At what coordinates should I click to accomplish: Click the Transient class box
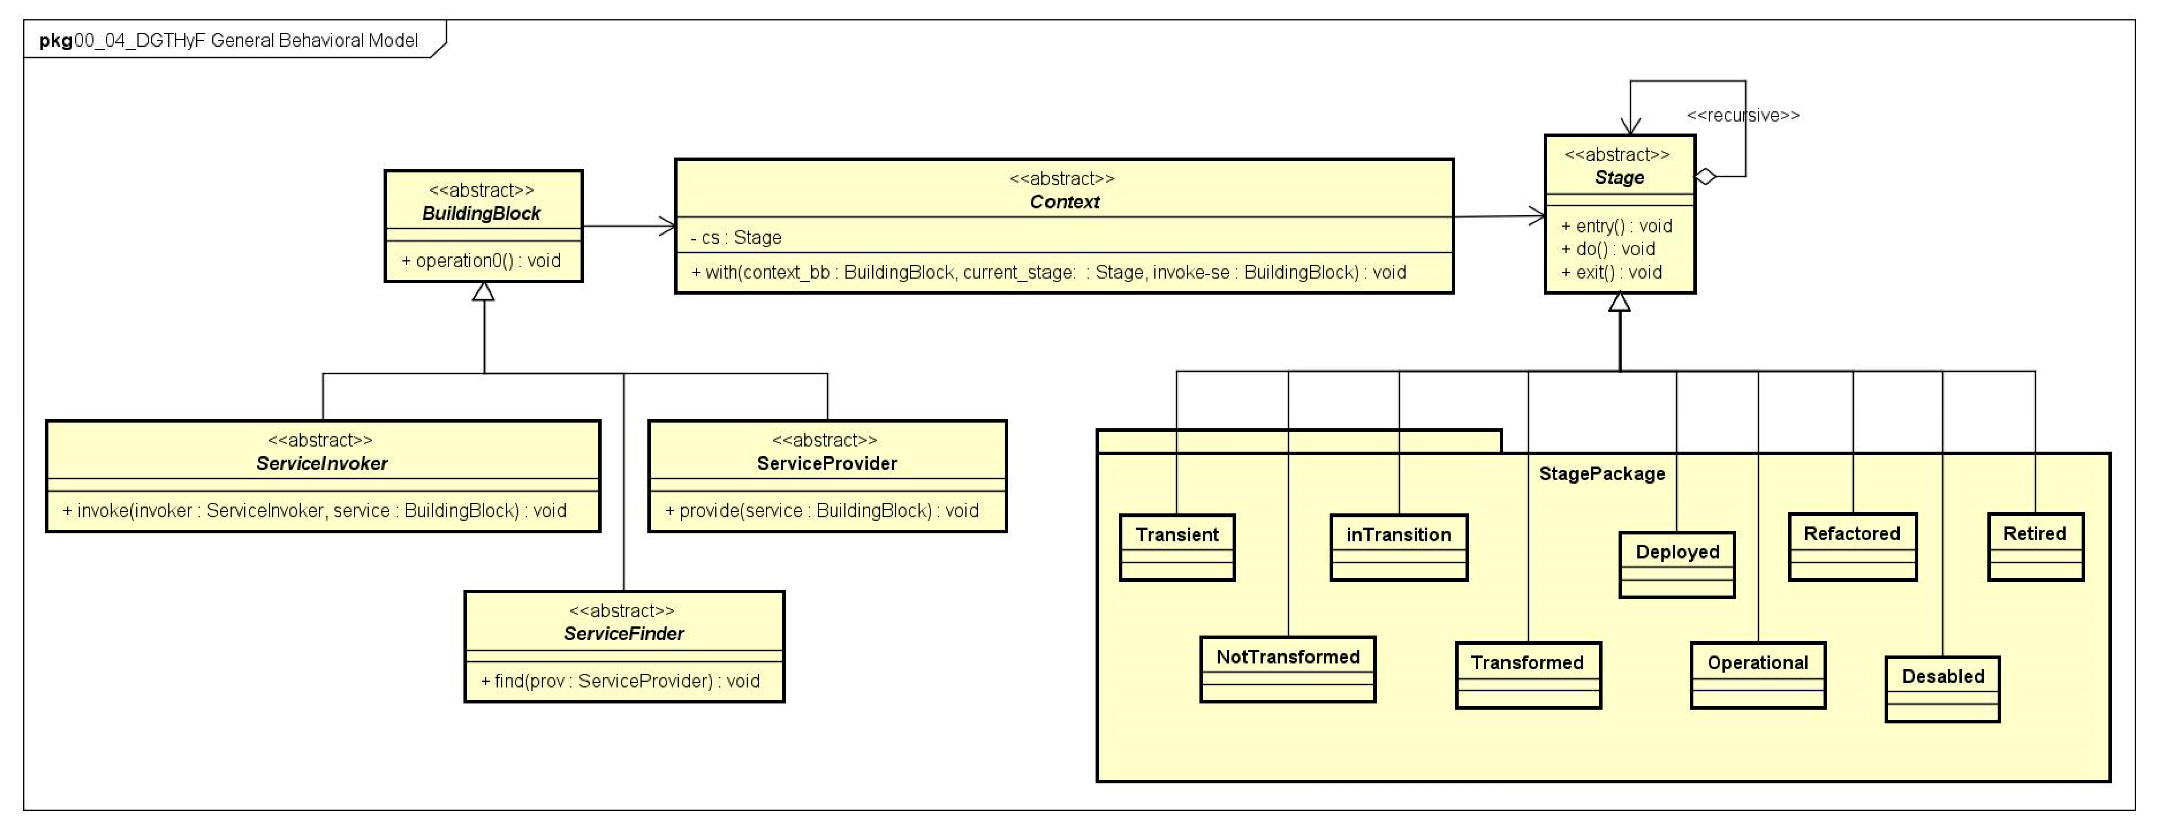pos(1176,547)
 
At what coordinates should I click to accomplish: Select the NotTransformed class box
pos(1287,669)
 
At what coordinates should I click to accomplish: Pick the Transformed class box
pos(1528,675)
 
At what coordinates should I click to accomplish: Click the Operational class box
pos(1757,675)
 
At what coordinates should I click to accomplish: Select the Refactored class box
pos(1852,546)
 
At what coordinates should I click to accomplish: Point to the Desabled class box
pos(1942,688)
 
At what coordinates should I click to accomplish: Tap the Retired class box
pos(2035,546)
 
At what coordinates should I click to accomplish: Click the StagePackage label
pos(1602,474)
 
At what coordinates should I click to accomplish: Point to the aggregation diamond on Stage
pos(1706,177)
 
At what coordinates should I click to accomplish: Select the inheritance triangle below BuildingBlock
pos(483,292)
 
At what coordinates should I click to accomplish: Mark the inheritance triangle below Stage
pos(1619,302)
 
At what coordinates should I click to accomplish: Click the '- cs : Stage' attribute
pos(736,237)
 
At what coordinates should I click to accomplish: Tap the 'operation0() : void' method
pos(481,261)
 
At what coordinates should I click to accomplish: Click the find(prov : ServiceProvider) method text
pos(621,681)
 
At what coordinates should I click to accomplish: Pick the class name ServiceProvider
pos(827,463)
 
